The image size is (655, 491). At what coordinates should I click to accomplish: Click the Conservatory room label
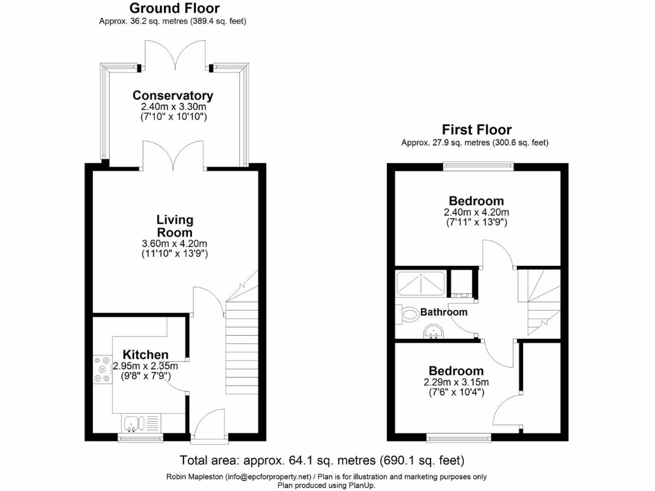coord(173,95)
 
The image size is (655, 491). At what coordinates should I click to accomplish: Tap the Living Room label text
coord(175,226)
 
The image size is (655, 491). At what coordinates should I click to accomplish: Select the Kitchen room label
coord(146,355)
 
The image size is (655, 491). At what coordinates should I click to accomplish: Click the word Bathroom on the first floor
coord(443,312)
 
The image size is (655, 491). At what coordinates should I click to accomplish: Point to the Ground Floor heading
coord(174,8)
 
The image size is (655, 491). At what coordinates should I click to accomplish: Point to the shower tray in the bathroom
coord(420,281)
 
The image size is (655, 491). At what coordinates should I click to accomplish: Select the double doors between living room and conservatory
coord(173,157)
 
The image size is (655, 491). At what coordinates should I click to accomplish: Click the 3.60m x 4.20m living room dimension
coord(175,244)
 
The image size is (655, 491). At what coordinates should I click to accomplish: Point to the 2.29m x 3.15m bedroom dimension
coord(456,382)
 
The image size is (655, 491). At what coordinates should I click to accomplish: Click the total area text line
coord(322,460)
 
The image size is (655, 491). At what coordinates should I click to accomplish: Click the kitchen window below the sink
coord(140,438)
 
